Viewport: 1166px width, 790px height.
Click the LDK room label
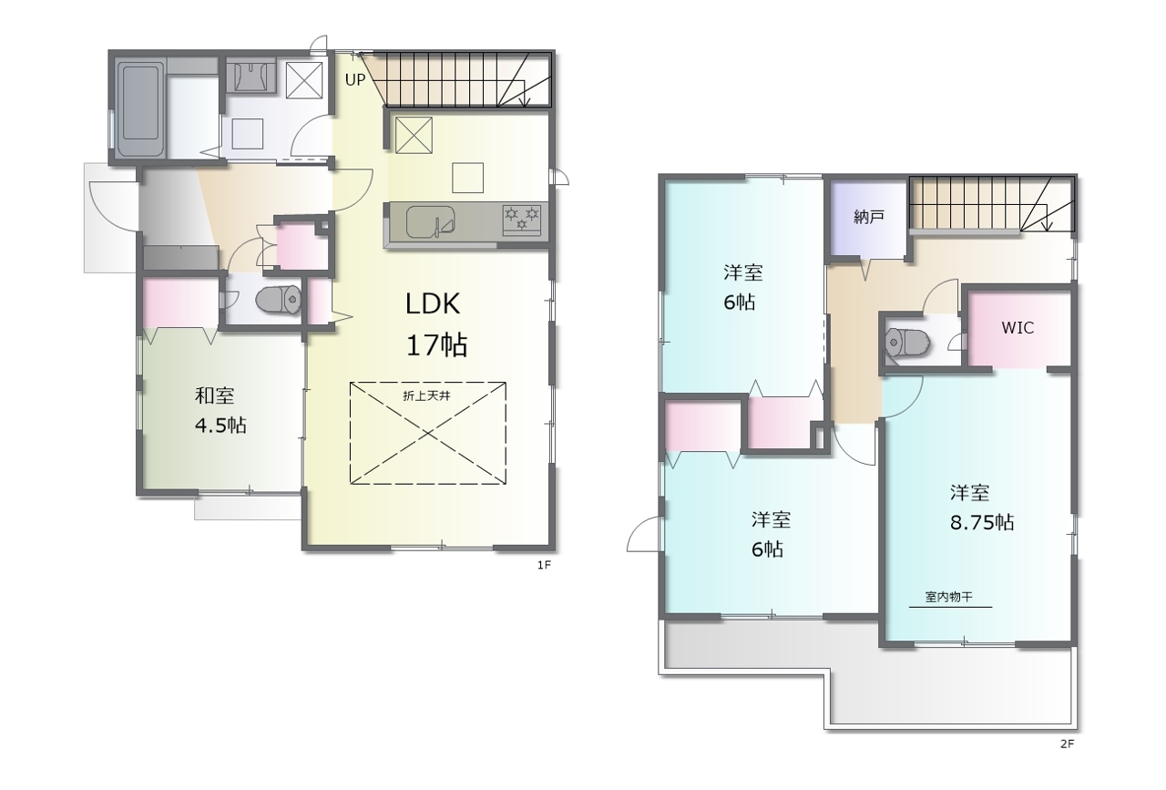click(433, 304)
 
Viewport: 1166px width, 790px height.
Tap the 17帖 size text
click(436, 344)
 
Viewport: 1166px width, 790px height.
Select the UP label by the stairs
click(355, 79)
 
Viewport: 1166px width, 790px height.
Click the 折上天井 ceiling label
click(426, 395)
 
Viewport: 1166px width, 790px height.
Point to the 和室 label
click(214, 395)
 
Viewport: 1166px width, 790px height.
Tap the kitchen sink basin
click(431, 221)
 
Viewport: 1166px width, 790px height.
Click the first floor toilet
click(279, 300)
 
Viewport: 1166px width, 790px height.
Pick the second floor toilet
click(908, 343)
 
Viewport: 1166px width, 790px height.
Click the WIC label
click(1018, 327)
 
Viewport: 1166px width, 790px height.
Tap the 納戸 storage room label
click(869, 217)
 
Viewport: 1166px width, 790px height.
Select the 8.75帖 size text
click(982, 522)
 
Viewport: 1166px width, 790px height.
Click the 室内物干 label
click(949, 597)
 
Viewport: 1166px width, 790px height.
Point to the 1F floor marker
click(544, 565)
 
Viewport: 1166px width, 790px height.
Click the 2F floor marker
click(1067, 744)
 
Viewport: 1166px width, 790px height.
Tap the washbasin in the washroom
click(251, 77)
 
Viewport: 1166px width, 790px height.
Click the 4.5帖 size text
click(220, 426)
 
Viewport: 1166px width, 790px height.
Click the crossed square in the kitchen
click(414, 135)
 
